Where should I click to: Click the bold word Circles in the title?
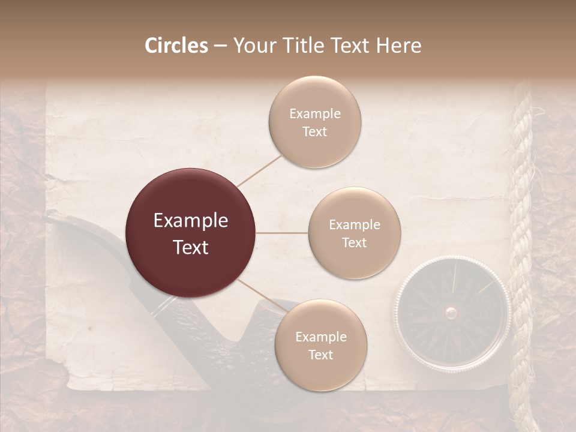click(x=176, y=46)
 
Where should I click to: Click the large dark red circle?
click(x=191, y=233)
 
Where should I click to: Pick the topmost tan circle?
click(x=314, y=122)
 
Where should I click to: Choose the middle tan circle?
click(x=354, y=233)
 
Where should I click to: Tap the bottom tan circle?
click(x=320, y=345)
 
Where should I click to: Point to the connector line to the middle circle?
click(x=282, y=233)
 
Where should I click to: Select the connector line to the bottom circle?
click(x=258, y=294)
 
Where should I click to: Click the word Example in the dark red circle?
click(x=191, y=221)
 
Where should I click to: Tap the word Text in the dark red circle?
click(x=191, y=247)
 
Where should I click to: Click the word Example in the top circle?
click(x=314, y=113)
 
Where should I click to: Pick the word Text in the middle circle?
click(x=354, y=242)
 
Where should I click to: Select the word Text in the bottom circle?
click(x=320, y=355)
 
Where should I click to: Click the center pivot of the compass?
click(x=451, y=311)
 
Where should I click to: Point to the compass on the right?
click(x=452, y=311)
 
